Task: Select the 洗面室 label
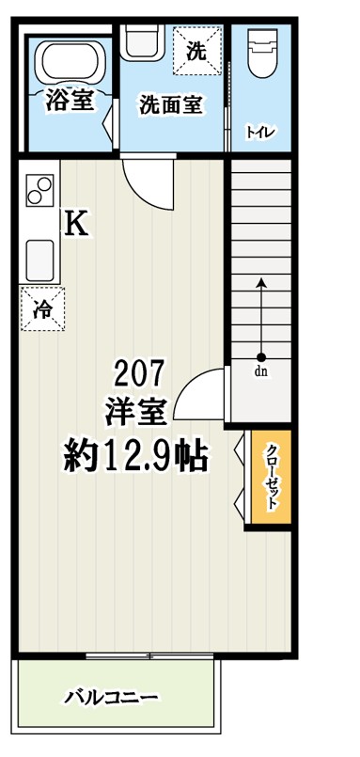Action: tap(171, 104)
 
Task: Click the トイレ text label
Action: tap(260, 132)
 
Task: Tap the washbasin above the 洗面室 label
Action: tap(142, 43)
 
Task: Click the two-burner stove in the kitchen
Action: tap(40, 190)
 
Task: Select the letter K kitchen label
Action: tap(76, 223)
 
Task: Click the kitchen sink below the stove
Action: tap(40, 256)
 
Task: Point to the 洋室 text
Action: tap(138, 411)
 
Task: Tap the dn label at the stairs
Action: tap(260, 371)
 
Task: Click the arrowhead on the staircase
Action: tap(261, 281)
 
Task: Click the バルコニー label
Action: tap(112, 698)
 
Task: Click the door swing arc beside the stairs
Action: tap(200, 395)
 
